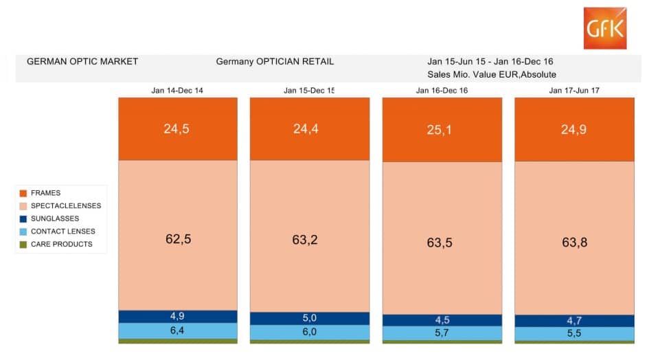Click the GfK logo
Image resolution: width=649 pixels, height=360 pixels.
(605, 28)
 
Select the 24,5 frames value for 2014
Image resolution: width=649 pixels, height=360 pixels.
(177, 128)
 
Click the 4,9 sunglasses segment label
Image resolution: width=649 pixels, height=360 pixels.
(177, 316)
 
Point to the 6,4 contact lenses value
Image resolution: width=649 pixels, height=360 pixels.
(177, 330)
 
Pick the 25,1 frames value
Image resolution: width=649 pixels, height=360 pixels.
(442, 130)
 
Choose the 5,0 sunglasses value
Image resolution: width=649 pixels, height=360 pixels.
(309, 318)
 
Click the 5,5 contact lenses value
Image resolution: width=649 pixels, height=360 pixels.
(573, 333)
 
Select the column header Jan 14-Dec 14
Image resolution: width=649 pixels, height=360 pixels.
(177, 90)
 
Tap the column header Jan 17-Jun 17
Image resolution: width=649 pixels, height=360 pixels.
(573, 90)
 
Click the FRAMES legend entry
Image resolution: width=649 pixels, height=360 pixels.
(45, 193)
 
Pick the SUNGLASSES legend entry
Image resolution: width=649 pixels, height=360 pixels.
(54, 218)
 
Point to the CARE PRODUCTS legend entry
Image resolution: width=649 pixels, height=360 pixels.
(61, 244)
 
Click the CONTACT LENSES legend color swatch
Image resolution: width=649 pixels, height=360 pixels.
(23, 232)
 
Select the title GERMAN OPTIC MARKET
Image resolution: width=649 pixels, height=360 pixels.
(82, 61)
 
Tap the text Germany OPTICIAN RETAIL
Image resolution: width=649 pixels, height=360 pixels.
(275, 61)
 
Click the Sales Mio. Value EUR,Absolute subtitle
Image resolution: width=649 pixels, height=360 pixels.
(491, 74)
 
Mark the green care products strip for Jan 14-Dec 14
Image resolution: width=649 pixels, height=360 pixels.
(177, 341)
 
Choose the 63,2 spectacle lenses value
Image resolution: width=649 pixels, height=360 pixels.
(309, 240)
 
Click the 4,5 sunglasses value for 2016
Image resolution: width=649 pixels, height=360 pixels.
(442, 319)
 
